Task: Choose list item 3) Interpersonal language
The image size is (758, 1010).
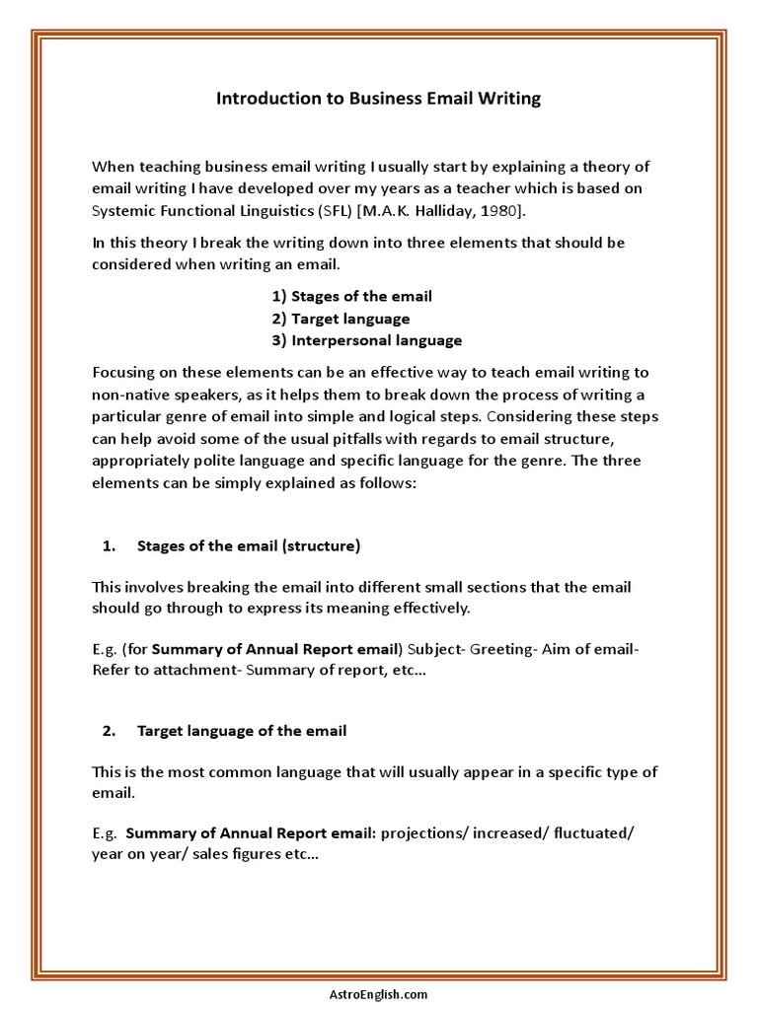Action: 366,340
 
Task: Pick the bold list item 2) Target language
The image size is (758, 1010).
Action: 341,319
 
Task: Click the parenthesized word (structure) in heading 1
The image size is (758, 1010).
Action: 321,545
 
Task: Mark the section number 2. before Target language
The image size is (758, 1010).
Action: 110,731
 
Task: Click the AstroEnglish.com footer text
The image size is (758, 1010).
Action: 379,995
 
